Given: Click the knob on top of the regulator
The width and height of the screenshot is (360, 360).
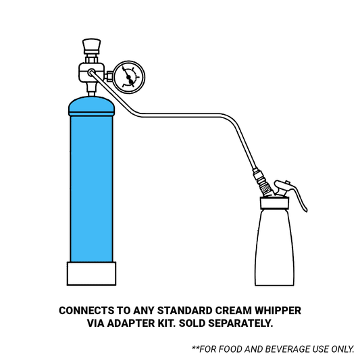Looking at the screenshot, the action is coord(91,46).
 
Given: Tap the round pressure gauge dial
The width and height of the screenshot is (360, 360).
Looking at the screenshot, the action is coord(129,77).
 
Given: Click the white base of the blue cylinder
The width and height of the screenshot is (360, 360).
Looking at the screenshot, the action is coord(91,274).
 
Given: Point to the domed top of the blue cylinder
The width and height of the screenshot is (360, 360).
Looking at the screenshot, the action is coord(91,106).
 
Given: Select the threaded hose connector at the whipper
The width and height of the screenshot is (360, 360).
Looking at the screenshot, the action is coord(263,184).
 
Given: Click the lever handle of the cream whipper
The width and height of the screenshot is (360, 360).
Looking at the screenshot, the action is coord(292,192).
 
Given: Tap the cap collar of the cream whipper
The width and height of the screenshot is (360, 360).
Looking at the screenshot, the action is coord(275,203).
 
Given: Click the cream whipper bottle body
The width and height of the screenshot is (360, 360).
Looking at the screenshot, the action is coord(274,247).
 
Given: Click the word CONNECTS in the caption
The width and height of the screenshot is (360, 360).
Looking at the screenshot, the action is coord(86,311).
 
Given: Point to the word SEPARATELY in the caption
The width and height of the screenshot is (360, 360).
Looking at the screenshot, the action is coord(240,324).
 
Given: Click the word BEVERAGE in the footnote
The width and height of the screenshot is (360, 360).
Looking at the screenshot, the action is coord(288,349).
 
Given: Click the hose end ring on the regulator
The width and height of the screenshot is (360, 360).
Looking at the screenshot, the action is coord(91,72).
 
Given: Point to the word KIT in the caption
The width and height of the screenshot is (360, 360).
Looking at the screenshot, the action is coord(167,324).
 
